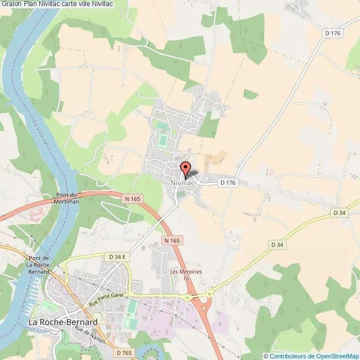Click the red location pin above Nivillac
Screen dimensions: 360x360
pos(186,168)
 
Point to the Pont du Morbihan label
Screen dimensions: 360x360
pos(70,198)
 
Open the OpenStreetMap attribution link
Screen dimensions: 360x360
pos(312,356)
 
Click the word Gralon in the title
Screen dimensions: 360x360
pos(11,4)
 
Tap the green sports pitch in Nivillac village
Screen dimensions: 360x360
pos(163,140)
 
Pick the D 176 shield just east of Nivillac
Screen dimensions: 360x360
pos(228,182)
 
